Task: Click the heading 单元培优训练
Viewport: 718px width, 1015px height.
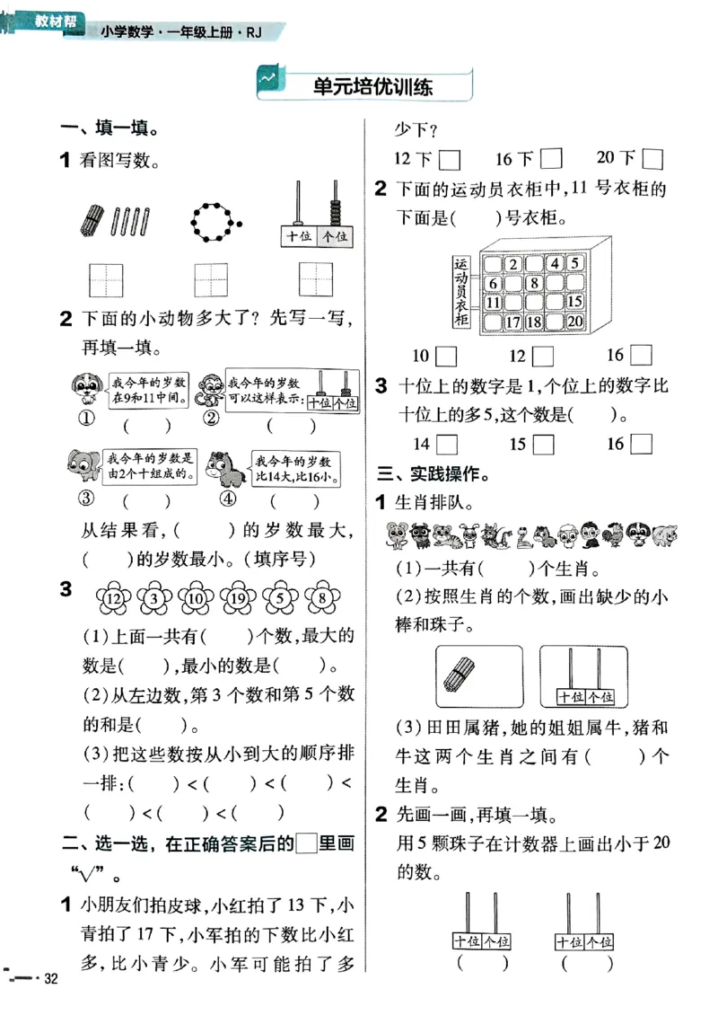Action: [372, 87]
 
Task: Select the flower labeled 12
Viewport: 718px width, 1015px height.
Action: [113, 597]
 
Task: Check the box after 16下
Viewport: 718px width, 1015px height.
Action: [551, 159]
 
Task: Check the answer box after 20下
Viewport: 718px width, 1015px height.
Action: [653, 159]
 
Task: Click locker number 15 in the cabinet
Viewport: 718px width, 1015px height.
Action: [575, 302]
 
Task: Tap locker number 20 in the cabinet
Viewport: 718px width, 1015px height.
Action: [575, 322]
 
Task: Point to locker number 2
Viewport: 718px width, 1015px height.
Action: [512, 263]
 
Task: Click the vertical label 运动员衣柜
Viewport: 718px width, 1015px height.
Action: [462, 292]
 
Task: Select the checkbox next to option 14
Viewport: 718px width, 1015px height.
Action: [446, 444]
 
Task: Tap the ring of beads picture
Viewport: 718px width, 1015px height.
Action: [214, 218]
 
